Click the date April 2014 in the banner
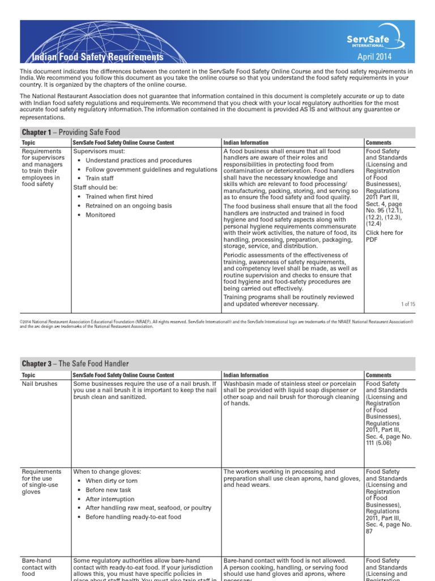coord(374,57)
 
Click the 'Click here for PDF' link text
coord(384,236)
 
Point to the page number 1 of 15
coord(408,304)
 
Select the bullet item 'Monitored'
coord(100,215)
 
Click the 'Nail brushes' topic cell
coord(39,384)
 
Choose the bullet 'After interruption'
coord(110,499)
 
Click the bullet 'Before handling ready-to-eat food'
coord(133,517)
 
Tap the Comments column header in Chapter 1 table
coord(378,143)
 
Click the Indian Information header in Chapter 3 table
coord(246,375)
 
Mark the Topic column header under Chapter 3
coord(28,375)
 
